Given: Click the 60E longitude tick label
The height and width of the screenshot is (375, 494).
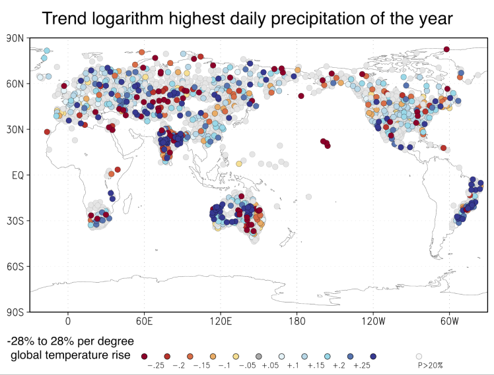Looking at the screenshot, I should pos(144,322).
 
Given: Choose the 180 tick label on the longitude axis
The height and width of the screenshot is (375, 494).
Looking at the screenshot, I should pos(297,322).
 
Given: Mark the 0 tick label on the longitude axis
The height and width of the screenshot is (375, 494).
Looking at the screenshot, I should pos(68,322).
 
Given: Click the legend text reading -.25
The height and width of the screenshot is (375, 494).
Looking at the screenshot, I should pos(155,364).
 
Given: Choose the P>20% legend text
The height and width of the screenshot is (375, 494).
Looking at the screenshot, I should pos(430,364).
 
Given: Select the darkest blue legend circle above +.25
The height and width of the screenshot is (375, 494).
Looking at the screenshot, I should pos(373,355).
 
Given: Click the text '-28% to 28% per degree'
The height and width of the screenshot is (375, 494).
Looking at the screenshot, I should pos(71,341).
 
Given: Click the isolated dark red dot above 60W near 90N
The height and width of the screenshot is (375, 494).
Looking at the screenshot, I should pos(446,49).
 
